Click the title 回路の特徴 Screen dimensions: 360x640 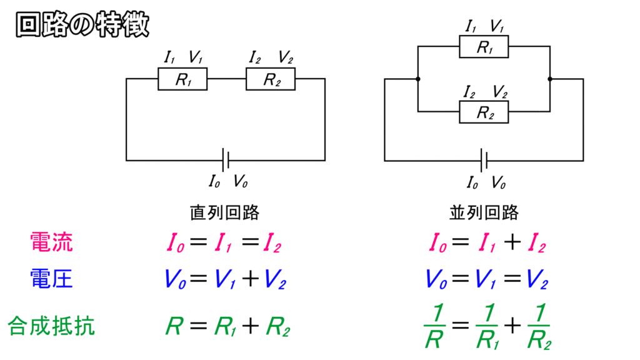pyautogui.click(x=82, y=25)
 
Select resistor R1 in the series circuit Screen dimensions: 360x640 pyautogui.click(x=182, y=80)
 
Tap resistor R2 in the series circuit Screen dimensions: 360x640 pyautogui.click(x=270, y=80)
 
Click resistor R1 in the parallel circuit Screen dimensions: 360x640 pyautogui.click(x=484, y=47)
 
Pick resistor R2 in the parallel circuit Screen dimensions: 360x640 pyautogui.click(x=484, y=112)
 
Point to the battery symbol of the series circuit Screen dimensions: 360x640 pyautogui.click(x=226, y=161)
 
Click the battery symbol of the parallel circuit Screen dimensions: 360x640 pyautogui.click(x=484, y=161)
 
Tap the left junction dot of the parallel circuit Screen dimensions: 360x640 pyautogui.click(x=417, y=79)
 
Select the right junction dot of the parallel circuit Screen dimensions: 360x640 pyautogui.click(x=550, y=79)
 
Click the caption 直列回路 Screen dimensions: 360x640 pyautogui.click(x=225, y=212)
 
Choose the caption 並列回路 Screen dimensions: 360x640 pyautogui.click(x=484, y=212)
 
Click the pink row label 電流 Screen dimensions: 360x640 pyautogui.click(x=51, y=242)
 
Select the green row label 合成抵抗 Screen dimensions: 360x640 pyautogui.click(x=51, y=325)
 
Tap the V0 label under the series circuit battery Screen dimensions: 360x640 pyautogui.click(x=241, y=182)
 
